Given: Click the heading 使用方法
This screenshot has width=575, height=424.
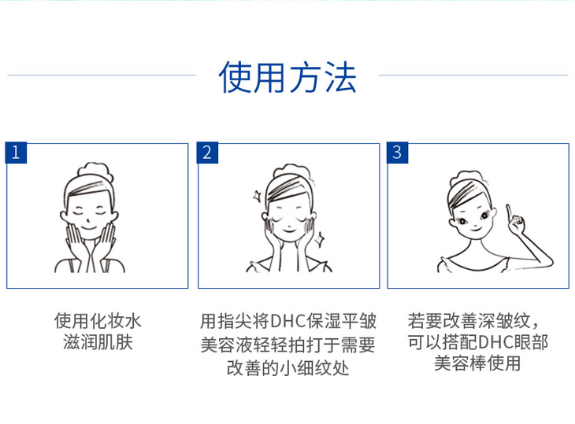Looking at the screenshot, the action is click(x=287, y=77).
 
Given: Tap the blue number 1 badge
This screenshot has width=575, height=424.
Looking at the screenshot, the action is click(x=16, y=153).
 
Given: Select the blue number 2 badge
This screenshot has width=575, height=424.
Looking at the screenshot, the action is click(x=207, y=153).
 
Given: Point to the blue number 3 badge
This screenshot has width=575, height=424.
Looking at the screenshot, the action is click(x=397, y=153).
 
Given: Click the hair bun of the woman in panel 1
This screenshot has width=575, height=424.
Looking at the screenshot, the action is click(x=95, y=171).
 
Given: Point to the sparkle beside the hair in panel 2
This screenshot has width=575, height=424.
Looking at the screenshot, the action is click(x=257, y=196).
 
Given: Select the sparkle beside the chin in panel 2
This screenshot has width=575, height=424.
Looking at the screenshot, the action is click(x=320, y=239).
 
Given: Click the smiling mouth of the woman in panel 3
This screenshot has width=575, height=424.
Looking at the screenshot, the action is click(x=476, y=229).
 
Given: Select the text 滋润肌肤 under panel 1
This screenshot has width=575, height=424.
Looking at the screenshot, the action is click(x=98, y=342).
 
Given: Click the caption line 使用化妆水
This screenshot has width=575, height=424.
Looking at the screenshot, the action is click(x=98, y=321).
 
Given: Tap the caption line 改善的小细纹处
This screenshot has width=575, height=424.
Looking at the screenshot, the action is click(x=287, y=368).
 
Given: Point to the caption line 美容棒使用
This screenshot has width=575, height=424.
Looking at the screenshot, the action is click(x=477, y=363).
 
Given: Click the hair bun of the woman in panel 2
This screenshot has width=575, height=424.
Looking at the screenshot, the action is click(x=292, y=173).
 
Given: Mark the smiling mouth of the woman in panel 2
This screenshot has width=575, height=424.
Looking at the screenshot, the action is click(x=289, y=230).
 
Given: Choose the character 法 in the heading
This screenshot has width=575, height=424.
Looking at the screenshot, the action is click(x=341, y=77).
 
